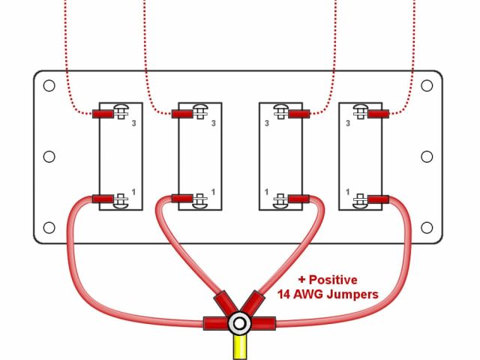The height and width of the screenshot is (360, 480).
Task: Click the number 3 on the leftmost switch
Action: tap(133, 124)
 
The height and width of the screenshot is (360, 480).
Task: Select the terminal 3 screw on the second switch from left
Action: tap(199, 114)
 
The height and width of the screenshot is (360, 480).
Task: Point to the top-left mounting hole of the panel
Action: tap(49, 85)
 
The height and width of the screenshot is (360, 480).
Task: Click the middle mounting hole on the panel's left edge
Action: tap(49, 157)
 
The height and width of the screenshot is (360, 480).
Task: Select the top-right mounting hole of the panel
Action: tap(427, 85)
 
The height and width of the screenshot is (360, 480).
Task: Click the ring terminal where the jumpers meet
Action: tap(239, 325)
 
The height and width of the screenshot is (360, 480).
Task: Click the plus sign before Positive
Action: tap(302, 280)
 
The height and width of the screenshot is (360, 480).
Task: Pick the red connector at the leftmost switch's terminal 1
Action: tap(102, 199)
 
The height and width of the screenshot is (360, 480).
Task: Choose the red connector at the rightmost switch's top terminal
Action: tap(378, 114)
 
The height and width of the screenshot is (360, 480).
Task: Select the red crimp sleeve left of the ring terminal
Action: tap(215, 325)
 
